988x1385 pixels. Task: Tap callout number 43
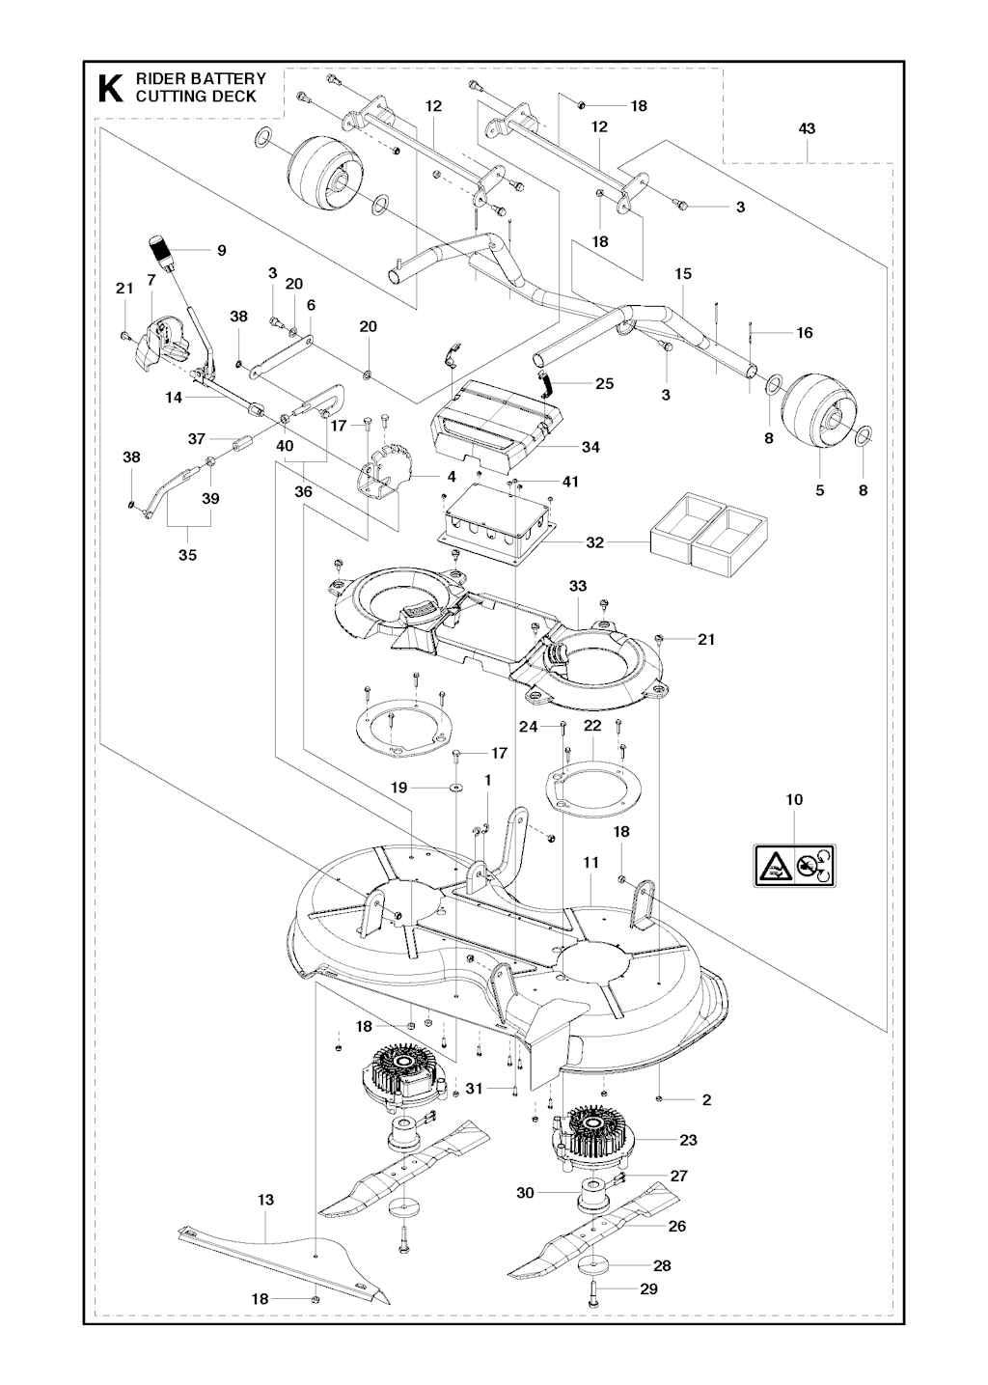click(808, 128)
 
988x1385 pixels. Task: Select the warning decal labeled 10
click(794, 863)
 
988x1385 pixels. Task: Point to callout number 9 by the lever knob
click(221, 250)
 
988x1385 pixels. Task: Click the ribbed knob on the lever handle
click(161, 250)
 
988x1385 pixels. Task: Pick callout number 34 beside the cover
click(590, 447)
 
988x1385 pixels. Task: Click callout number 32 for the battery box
click(594, 542)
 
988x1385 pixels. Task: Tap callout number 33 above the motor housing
click(578, 586)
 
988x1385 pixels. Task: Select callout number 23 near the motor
click(687, 1140)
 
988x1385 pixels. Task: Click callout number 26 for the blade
click(677, 1226)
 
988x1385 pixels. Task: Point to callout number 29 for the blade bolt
click(648, 1288)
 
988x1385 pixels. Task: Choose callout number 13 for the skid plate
click(265, 1200)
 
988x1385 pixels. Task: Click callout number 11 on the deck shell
click(590, 862)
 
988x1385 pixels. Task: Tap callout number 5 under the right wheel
click(820, 490)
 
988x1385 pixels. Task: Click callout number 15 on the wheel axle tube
click(683, 274)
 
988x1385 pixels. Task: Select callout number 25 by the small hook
click(604, 383)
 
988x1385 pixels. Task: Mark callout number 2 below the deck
click(706, 1099)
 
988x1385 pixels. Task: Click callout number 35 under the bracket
click(187, 555)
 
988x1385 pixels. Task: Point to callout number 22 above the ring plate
click(592, 725)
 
